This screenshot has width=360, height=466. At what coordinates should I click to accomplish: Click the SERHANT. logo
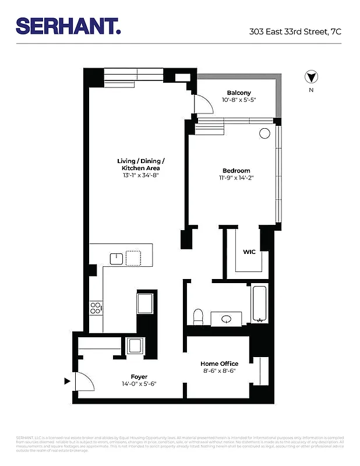tap(69, 26)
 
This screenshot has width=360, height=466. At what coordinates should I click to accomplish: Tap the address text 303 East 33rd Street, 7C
tap(295, 31)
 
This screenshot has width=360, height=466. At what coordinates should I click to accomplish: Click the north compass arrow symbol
tap(311, 77)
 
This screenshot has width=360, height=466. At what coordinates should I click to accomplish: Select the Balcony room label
tap(239, 93)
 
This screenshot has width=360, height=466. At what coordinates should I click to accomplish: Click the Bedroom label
tap(236, 171)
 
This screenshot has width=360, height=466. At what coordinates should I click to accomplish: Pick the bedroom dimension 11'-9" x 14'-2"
tap(236, 178)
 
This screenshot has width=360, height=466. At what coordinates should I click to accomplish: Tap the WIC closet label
tap(249, 252)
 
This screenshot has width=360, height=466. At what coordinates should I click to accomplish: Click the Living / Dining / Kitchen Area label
tap(141, 164)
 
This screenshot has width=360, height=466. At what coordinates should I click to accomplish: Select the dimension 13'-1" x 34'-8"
tap(141, 175)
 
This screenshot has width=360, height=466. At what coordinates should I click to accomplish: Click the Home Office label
tap(220, 363)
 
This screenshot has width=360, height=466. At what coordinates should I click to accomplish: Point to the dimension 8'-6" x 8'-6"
tap(220, 371)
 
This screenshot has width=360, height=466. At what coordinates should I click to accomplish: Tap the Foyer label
tap(139, 376)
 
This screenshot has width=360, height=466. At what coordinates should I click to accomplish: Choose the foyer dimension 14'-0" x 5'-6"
tap(139, 384)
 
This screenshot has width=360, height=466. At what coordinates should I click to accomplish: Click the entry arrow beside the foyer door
tap(68, 382)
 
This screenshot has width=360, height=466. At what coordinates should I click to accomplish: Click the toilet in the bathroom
tap(198, 316)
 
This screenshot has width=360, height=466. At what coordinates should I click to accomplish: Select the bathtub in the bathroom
tap(259, 304)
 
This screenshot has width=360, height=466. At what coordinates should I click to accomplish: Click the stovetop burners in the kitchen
tap(96, 308)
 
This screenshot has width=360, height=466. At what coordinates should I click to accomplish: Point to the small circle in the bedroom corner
tap(264, 133)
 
